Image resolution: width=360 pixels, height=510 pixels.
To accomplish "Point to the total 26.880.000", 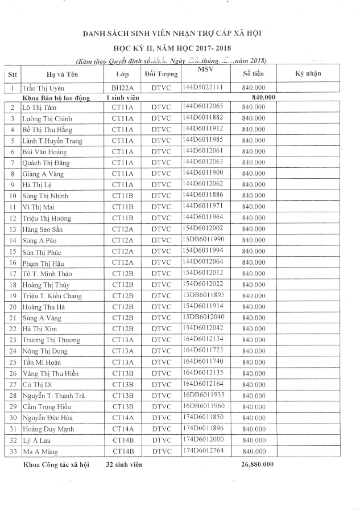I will pos(258,464).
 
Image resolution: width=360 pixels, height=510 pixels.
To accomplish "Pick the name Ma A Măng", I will pos(39,451).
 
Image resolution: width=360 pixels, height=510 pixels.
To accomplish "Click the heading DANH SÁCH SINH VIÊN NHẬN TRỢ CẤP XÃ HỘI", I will pos(180,35).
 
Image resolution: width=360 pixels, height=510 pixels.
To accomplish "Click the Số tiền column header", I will pos(254,74).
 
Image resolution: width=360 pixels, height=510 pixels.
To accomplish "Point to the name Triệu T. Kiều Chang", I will pos(52,296).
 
